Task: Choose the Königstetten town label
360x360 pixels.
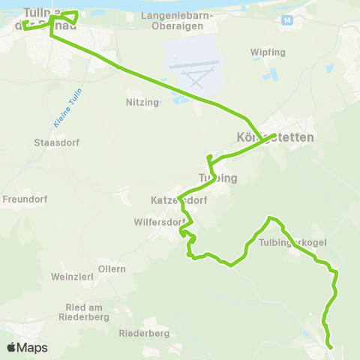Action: coord(274,138)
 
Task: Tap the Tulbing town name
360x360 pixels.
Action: coord(217,178)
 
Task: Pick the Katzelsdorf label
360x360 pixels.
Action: coord(178,201)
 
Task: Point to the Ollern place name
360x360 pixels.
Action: coord(112,268)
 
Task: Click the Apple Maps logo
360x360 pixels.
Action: coord(27,348)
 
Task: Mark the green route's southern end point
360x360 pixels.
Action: coord(331,347)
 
